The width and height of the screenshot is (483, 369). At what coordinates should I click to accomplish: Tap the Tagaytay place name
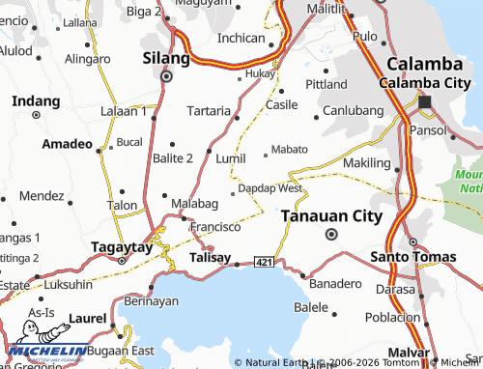coord(122,245)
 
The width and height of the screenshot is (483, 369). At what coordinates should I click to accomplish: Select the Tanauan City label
coord(331,217)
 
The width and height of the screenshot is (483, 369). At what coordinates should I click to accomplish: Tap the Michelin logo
coord(44,352)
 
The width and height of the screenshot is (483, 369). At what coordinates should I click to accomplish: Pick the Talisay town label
coord(211,258)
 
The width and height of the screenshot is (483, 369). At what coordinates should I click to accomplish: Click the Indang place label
coord(36,100)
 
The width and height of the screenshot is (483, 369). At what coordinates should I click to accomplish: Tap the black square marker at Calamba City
coord(424,101)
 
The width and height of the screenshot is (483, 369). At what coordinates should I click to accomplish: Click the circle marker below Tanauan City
coord(331,235)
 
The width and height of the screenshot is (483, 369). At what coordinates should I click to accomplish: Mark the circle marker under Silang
coord(165,75)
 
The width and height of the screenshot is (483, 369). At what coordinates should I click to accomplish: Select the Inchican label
coord(241,38)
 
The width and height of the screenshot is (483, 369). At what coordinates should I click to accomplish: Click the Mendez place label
coord(41,195)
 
